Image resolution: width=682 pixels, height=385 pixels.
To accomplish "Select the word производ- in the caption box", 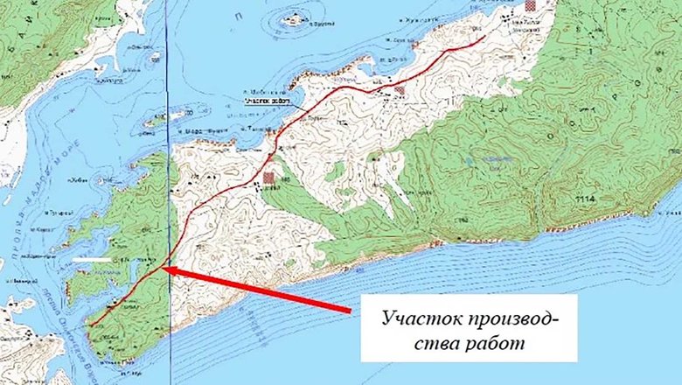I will (x=507, y=318).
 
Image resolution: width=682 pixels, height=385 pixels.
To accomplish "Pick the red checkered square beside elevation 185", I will (x=269, y=178).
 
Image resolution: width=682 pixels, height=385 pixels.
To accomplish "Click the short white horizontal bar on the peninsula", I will (x=92, y=260).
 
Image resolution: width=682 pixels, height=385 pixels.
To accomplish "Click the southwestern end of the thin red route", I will (x=89, y=325).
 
